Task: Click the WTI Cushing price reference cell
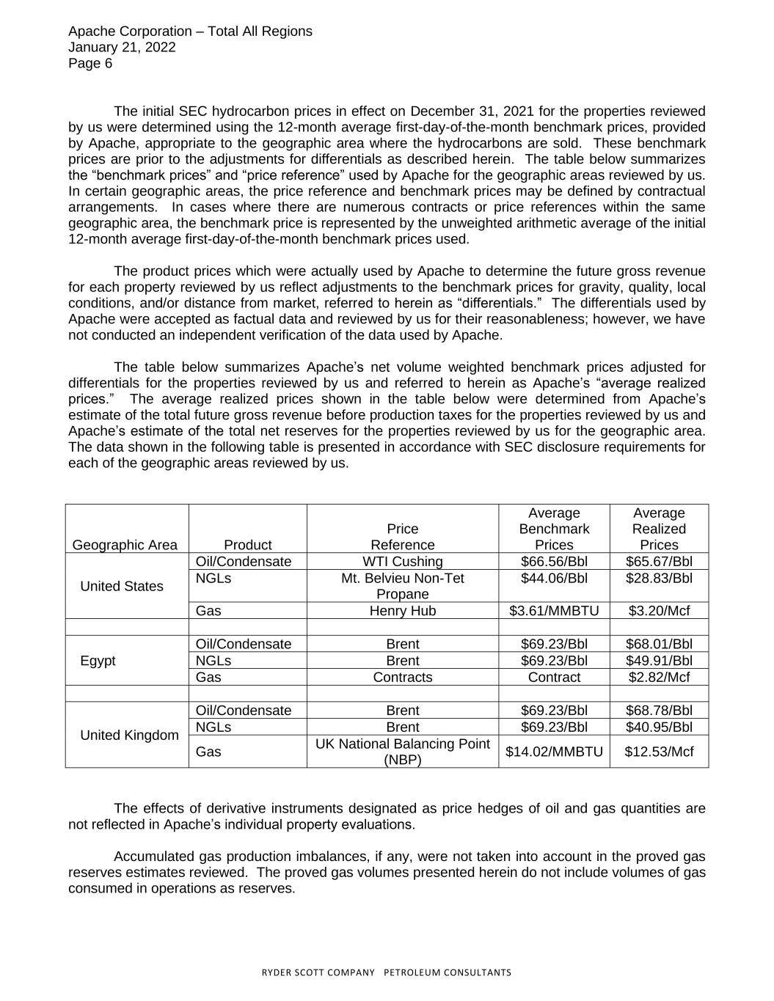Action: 402,562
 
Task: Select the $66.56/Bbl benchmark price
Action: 554,562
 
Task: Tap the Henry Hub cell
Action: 402,611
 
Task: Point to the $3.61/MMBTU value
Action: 554,611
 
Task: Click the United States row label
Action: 122,586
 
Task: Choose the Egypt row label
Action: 98,661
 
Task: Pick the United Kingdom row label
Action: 129,736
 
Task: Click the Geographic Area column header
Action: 125,545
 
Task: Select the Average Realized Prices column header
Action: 659,529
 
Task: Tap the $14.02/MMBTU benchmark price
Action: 554,752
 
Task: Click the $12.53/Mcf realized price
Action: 659,752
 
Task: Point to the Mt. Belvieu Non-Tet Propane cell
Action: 402,586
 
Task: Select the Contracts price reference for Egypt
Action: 402,678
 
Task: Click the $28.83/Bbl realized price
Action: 659,579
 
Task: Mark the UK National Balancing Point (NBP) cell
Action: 402,752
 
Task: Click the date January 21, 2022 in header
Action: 122,48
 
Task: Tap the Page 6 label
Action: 90,64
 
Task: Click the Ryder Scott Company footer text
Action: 387,973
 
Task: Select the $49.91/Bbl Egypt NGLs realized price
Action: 659,661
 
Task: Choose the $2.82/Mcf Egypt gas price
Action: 659,678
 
